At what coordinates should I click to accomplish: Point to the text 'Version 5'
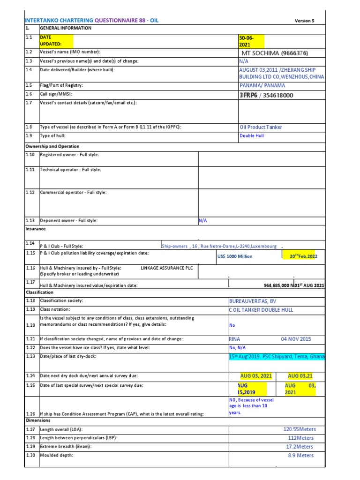click(x=304, y=21)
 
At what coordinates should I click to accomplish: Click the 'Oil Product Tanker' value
click(x=261, y=127)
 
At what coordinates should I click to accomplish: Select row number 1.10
click(x=30, y=154)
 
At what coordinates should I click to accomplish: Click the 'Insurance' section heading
click(x=36, y=229)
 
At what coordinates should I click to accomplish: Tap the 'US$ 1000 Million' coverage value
click(x=235, y=256)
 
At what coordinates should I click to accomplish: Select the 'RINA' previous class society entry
click(x=235, y=339)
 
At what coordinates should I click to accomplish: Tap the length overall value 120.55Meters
click(x=300, y=429)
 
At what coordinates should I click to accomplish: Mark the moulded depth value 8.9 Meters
click(x=300, y=455)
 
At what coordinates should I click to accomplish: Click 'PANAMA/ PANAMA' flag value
click(x=262, y=85)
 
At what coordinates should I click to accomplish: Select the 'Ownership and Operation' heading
click(x=52, y=146)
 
